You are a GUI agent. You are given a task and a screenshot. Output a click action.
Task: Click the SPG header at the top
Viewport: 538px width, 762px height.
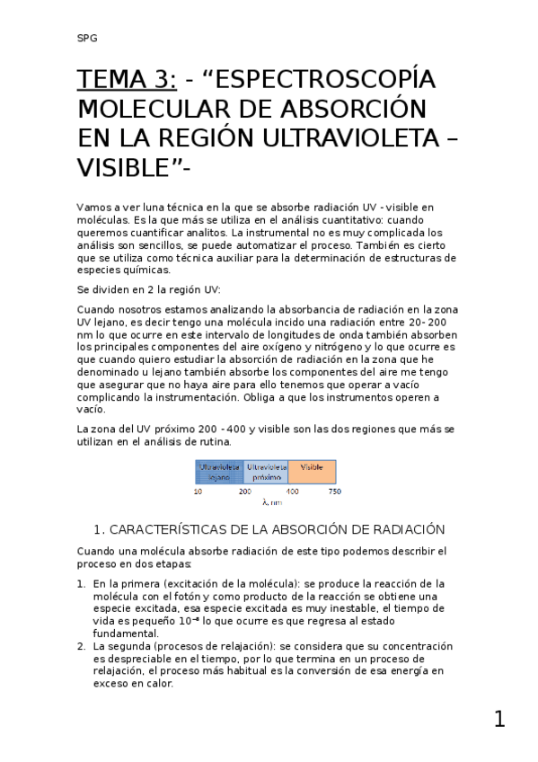point(87,39)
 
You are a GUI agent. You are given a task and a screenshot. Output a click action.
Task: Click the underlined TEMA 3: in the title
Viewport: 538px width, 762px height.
point(127,80)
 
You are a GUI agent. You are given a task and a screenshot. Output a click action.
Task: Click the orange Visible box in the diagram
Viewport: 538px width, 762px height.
point(312,472)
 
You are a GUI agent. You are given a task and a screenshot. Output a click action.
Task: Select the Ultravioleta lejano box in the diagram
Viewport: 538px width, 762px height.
point(219,472)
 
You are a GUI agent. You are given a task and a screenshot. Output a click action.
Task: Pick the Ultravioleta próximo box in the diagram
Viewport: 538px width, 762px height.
point(266,472)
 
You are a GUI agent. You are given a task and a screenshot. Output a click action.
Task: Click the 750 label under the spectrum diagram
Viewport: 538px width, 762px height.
point(335,492)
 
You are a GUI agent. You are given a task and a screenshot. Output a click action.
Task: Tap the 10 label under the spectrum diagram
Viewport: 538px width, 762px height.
point(197,492)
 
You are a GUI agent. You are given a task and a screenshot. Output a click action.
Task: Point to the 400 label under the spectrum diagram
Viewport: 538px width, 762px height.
point(292,492)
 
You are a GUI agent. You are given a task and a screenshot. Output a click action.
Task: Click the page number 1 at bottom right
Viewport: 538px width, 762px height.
point(499,719)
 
